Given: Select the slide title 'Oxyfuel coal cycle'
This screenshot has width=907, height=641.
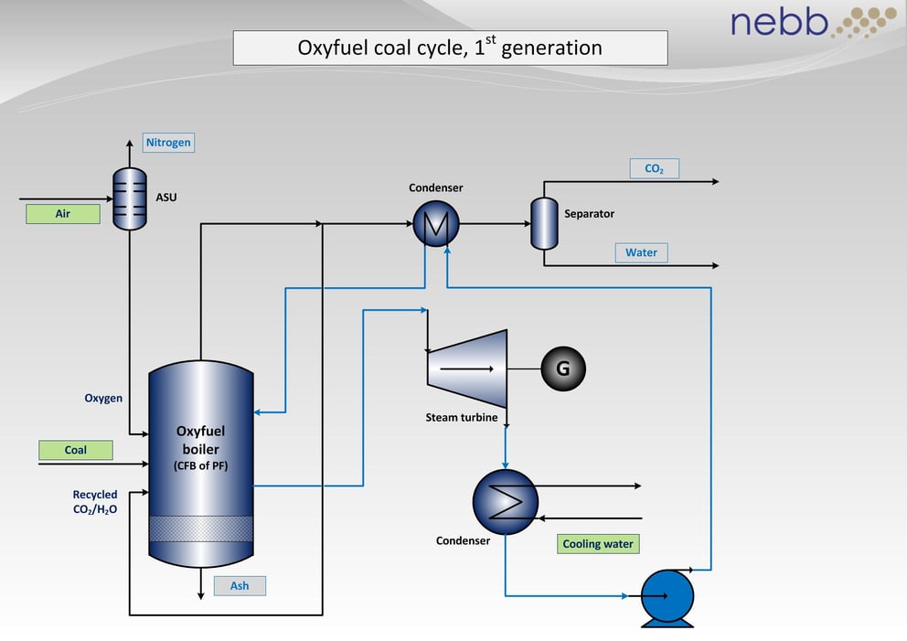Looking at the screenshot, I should coord(450,48).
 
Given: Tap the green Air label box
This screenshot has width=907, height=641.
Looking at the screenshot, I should coord(62,214).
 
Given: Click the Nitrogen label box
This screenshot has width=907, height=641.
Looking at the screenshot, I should coord(168,142).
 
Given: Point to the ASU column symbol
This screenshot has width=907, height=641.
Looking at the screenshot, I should coord(129,198).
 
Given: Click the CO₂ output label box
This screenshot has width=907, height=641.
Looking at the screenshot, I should coord(654,168).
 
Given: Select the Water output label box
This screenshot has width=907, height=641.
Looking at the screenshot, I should coord(641,252).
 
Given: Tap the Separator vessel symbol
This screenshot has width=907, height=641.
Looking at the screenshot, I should coord(544,223).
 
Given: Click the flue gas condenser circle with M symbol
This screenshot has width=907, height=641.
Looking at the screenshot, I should coord(435,223).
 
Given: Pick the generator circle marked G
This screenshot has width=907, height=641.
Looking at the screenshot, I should coord(562,369).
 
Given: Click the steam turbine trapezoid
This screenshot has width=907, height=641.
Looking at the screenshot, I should coord(467,369).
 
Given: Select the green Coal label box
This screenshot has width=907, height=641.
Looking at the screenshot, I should coord(76,450).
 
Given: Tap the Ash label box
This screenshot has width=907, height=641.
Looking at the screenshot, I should coord(240,585).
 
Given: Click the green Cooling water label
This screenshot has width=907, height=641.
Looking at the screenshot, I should coord(597,544).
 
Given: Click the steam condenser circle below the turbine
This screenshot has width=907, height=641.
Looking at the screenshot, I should coord(505,501).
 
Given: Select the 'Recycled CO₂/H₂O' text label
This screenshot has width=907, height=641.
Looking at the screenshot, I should coord(95,502).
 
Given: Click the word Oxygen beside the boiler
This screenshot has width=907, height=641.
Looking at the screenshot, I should coord(103,398).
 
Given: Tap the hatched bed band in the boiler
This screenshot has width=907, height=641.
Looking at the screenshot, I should coord(201,529).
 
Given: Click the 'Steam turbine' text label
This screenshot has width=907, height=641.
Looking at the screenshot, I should coord(462,418).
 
